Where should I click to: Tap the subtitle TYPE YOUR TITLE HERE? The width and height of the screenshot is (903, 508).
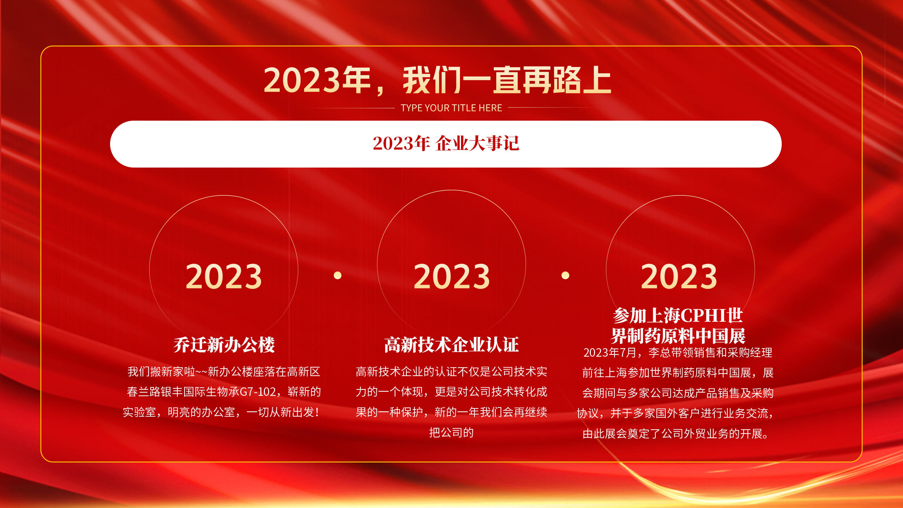[x=451, y=108]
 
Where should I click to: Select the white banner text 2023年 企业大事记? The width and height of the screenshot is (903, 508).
[x=446, y=144]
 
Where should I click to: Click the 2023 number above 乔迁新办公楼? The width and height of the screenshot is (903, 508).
[x=224, y=277]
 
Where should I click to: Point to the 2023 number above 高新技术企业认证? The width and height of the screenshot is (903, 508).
[x=451, y=277]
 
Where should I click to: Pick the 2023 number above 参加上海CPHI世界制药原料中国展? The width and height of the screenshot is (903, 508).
[x=679, y=277]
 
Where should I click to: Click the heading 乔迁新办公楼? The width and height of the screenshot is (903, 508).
[x=224, y=345]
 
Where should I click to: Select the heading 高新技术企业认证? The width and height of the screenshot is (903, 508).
[x=451, y=345]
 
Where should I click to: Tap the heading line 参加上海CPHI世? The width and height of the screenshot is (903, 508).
[x=678, y=315]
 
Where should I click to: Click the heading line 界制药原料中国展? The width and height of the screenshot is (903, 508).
[x=678, y=335]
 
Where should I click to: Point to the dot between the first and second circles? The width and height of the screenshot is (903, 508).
[x=338, y=275]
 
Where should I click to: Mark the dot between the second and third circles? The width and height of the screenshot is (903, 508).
[x=565, y=275]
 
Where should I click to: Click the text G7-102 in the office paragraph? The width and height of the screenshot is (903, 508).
[x=257, y=392]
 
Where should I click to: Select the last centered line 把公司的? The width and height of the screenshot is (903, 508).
[x=451, y=433]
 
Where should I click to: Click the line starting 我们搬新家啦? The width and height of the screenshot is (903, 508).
[x=224, y=371]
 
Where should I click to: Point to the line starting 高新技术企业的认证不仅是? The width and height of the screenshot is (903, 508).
[x=451, y=371]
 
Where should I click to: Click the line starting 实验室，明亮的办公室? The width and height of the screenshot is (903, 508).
[x=221, y=412]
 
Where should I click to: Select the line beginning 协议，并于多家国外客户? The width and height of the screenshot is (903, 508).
[x=675, y=413]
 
